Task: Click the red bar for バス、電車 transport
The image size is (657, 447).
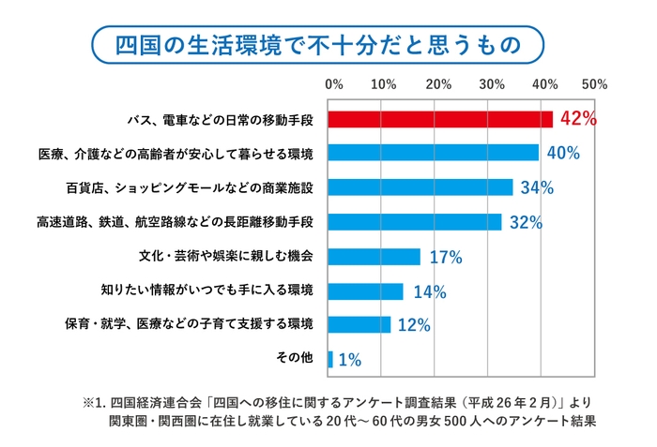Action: click(x=440, y=119)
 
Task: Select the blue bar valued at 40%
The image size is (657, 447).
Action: click(x=434, y=153)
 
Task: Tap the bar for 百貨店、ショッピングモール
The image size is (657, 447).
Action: click(x=420, y=187)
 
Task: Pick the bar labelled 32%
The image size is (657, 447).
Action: click(x=415, y=222)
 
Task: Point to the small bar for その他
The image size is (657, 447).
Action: click(x=330, y=359)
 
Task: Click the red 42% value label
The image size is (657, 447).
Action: click(x=578, y=119)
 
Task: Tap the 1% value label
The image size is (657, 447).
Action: click(x=349, y=360)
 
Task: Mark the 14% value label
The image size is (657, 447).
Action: click(x=428, y=291)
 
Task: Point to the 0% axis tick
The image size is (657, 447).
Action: click(x=333, y=84)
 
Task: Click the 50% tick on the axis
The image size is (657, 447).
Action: click(x=596, y=84)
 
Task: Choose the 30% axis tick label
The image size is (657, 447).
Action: click(x=491, y=84)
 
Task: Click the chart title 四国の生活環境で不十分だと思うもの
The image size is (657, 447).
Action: click(x=328, y=44)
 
